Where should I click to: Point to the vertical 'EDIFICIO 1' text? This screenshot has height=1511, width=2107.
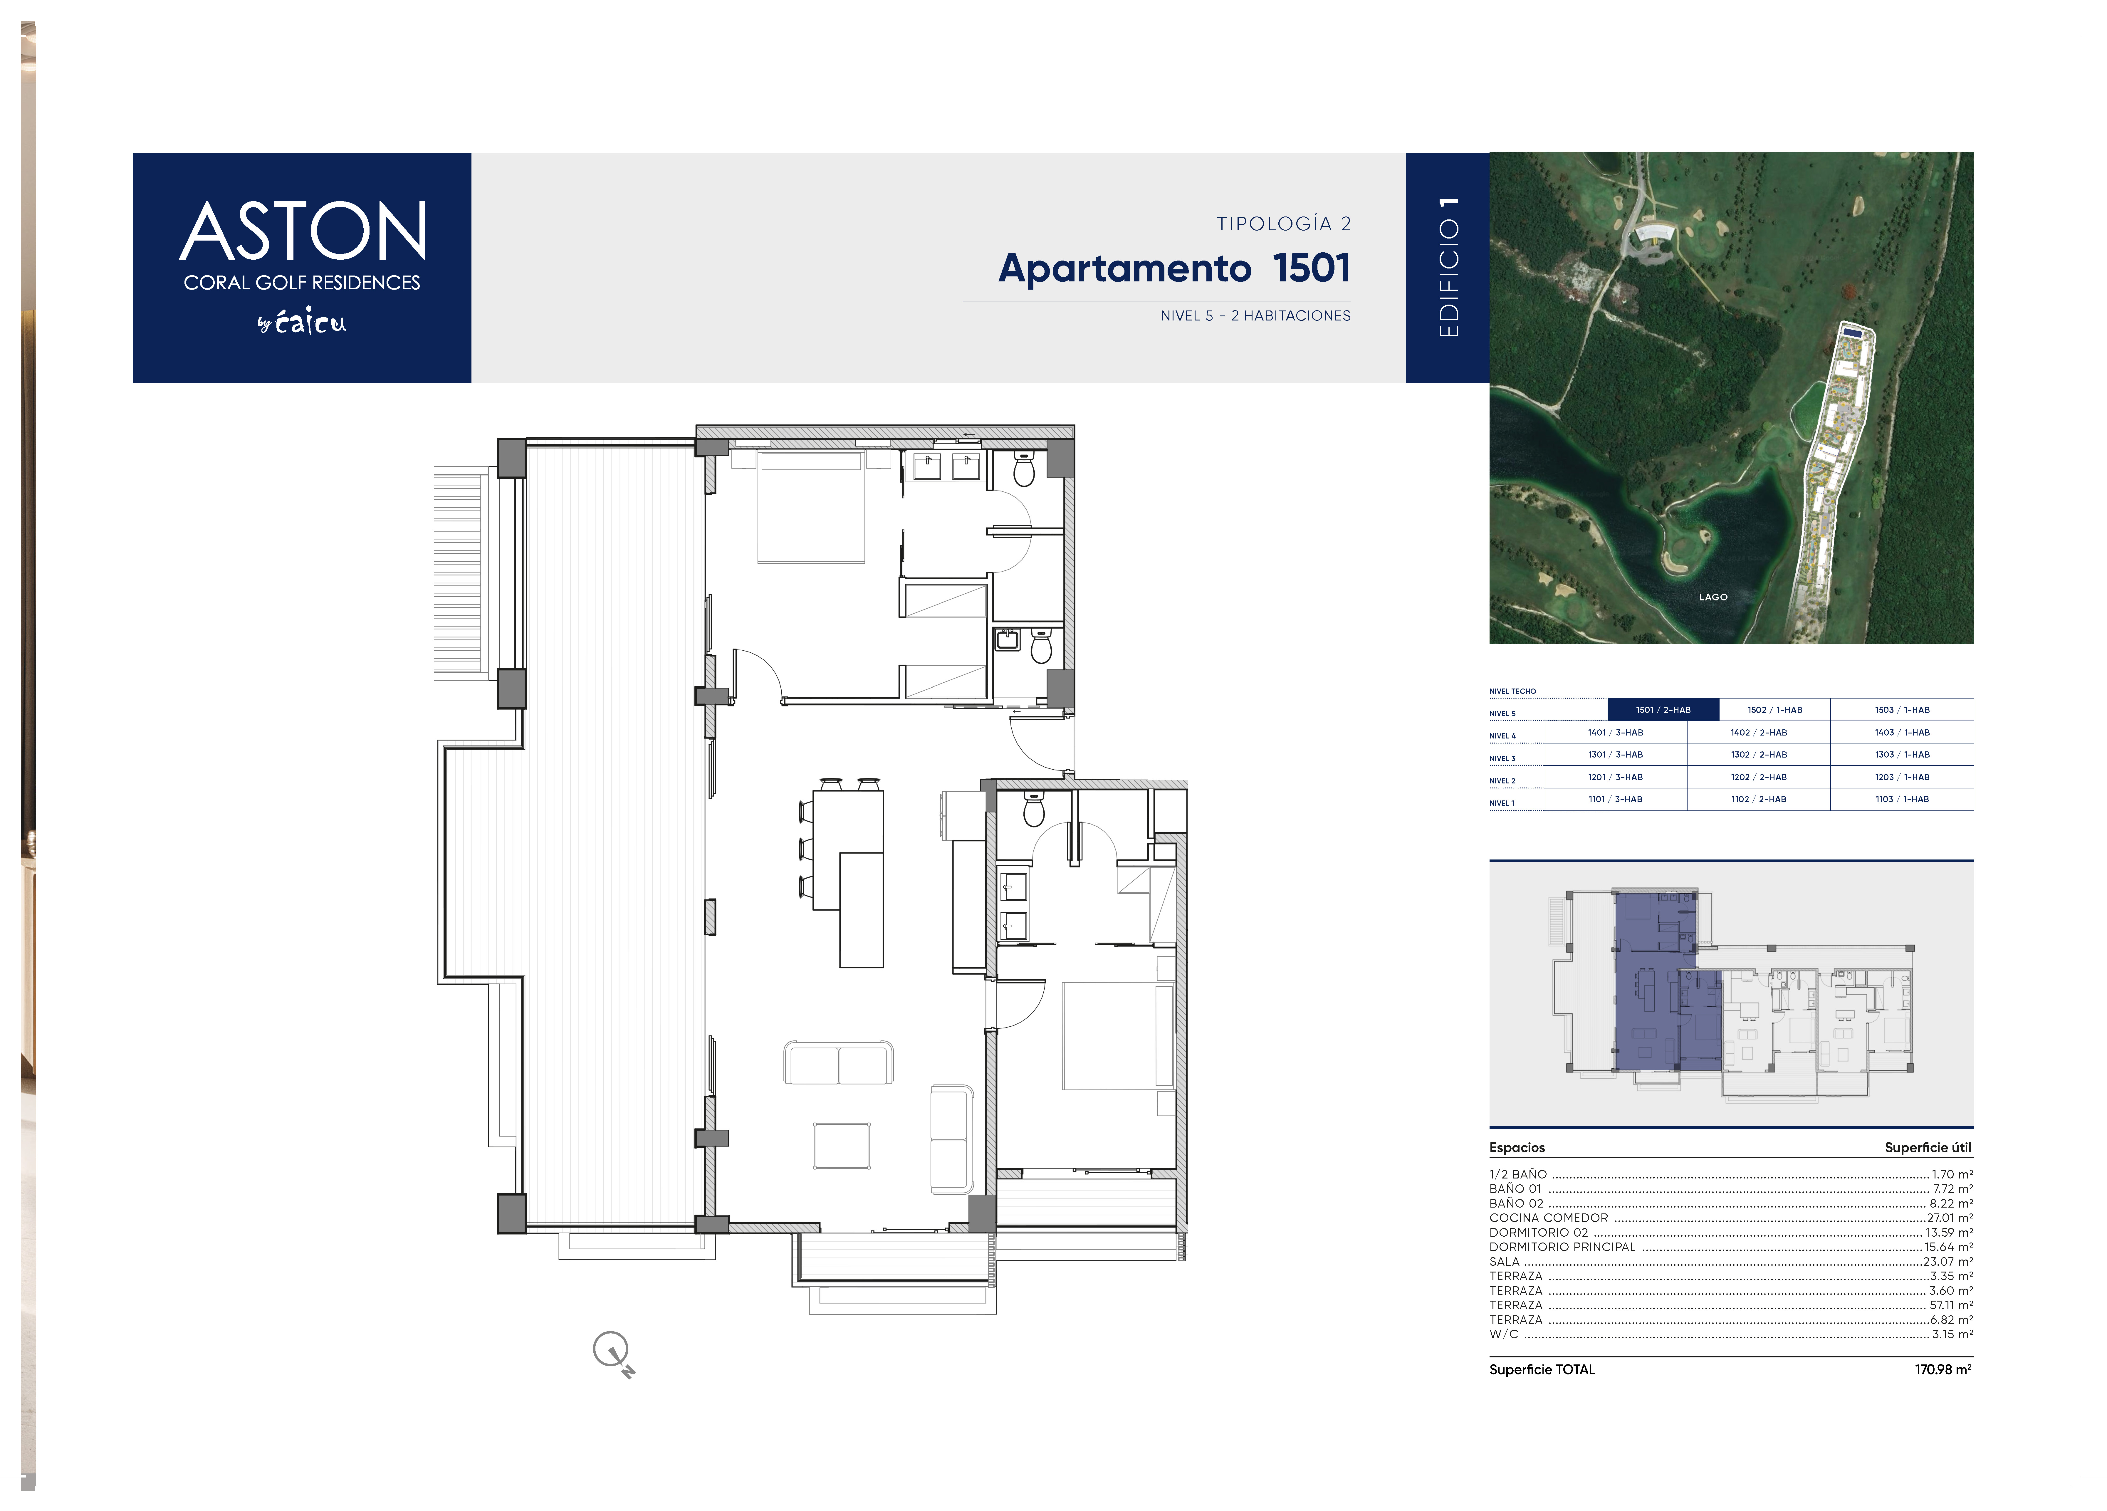[x=1448, y=268]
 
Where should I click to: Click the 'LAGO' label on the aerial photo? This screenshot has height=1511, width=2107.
[x=1713, y=597]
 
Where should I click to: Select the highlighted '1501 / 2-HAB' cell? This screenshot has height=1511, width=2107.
[x=1663, y=710]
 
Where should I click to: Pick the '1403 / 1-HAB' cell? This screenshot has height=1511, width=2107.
[x=1902, y=732]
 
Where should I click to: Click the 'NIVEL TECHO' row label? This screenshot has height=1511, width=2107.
[x=1512, y=691]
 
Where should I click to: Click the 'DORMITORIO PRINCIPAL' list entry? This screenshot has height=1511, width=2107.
[x=1562, y=1247]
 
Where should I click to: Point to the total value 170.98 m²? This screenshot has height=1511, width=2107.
[x=1943, y=1370]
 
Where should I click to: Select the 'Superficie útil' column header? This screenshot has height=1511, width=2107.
[x=1928, y=1148]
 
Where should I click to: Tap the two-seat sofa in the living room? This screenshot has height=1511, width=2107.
[x=839, y=1062]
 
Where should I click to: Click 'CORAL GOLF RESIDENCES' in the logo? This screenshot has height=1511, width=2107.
[x=302, y=283]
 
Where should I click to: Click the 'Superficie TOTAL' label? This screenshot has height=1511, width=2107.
[x=1542, y=1370]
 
